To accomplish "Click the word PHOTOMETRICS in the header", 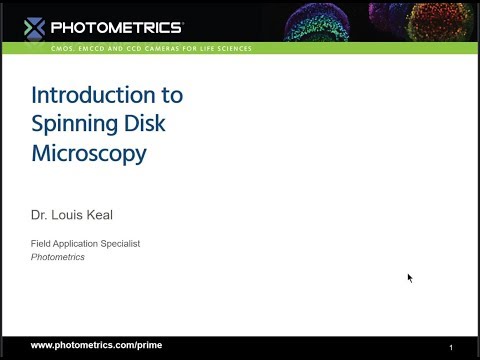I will click(x=117, y=27).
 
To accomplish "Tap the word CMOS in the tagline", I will click(x=64, y=48).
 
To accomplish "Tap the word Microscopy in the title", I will click(x=89, y=154).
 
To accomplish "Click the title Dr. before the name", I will click(x=40, y=213).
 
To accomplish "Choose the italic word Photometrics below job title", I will click(x=58, y=257).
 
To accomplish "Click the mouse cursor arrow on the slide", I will click(x=410, y=278).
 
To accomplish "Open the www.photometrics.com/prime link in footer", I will click(x=96, y=345).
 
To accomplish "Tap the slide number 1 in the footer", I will click(x=451, y=346).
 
